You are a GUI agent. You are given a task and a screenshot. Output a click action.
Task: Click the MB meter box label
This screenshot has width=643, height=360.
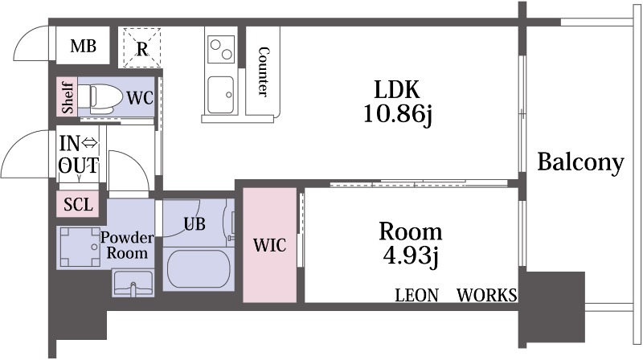(x=84, y=46)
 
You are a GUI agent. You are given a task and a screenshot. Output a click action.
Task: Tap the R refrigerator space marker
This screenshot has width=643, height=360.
(x=142, y=49)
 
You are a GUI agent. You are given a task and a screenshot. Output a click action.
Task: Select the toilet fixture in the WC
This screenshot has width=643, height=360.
(x=100, y=98)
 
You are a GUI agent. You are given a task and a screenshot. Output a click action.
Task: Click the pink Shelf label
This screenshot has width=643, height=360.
(x=68, y=97)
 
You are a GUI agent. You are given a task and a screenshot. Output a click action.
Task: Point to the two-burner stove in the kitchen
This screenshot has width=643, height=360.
(x=222, y=49)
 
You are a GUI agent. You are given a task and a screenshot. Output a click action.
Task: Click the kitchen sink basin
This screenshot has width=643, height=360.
(x=221, y=95)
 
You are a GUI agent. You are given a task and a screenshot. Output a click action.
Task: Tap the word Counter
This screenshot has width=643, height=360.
(x=264, y=72)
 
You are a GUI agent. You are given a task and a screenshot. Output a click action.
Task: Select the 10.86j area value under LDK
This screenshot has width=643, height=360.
(x=397, y=115)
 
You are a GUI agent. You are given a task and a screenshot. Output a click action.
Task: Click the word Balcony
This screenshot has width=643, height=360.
(x=580, y=163)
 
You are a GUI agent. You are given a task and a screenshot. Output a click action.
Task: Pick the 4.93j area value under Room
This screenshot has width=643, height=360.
(x=411, y=256)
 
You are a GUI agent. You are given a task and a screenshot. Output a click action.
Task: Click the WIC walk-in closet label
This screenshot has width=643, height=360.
(x=269, y=245)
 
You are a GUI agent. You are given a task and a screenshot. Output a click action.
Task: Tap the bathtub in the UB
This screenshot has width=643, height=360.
(x=199, y=268)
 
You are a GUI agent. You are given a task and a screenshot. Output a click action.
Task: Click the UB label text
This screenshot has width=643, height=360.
(x=195, y=224)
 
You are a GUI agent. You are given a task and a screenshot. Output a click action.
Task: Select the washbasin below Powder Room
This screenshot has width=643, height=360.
(x=133, y=283)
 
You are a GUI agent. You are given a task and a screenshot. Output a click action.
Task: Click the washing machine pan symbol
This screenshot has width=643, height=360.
(x=80, y=247)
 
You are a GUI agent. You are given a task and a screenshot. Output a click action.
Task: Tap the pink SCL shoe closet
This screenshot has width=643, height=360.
(x=78, y=204)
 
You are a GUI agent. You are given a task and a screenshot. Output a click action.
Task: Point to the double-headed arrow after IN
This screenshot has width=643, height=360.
(x=89, y=143)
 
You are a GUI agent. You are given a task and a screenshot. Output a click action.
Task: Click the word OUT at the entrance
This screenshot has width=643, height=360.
(x=78, y=166)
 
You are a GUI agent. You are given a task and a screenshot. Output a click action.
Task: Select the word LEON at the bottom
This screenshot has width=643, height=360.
(x=416, y=295)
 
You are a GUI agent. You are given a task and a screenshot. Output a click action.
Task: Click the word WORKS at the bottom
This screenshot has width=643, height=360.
(x=487, y=295)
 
